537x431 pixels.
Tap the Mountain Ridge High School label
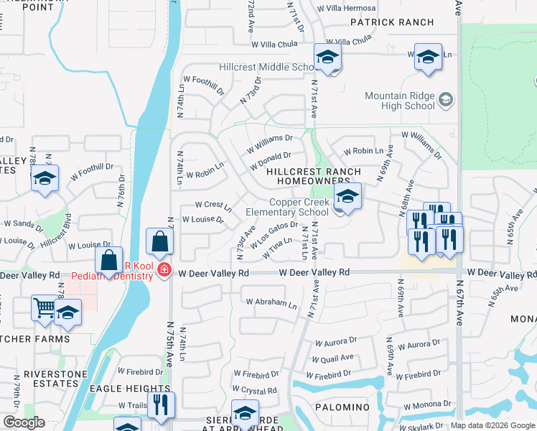400,101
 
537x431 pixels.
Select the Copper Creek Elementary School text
287,207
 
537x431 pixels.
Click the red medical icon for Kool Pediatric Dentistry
164,269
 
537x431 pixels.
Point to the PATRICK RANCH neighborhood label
393,22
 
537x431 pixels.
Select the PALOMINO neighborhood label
342,407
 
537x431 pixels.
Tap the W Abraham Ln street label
270,304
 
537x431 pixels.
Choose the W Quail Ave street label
332,358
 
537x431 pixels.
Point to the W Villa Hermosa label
349,9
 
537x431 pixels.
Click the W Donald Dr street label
270,160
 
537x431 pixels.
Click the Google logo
24,422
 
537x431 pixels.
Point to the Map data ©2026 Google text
492,425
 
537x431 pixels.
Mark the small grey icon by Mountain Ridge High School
445,98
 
